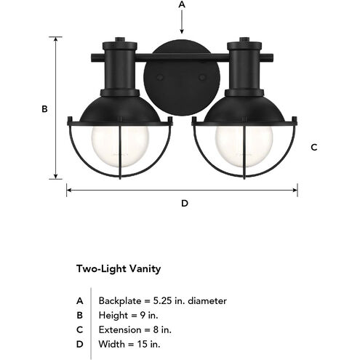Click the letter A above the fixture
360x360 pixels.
tap(182, 4)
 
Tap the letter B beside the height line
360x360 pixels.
tap(44, 109)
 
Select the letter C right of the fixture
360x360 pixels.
tap(314, 147)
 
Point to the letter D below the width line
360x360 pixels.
tap(185, 203)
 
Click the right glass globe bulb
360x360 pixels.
tap(244, 146)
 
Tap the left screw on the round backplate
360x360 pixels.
tap(160, 78)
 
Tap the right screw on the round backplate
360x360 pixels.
tap(201, 78)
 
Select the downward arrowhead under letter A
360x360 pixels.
tap(182, 31)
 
